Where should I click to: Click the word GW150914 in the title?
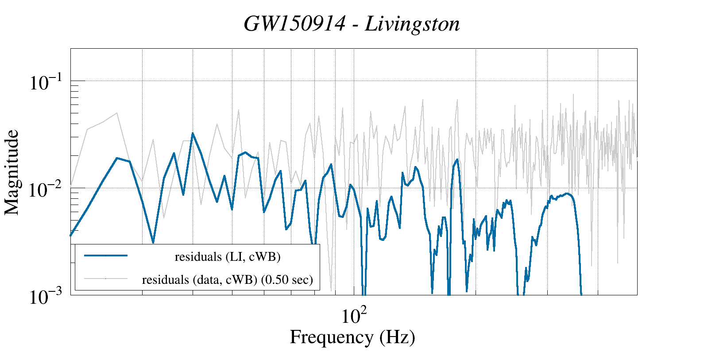click(294, 24)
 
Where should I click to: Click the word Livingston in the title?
click(412, 24)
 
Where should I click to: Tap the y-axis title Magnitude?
click(12, 172)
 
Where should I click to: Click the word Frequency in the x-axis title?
click(331, 337)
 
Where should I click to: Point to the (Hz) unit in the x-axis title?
click(397, 337)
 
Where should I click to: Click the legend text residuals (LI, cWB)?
click(228, 256)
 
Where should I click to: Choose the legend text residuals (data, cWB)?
click(200, 279)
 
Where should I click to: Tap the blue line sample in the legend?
click(106, 255)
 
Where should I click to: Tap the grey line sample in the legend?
click(106, 279)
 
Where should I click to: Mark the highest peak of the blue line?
click(193, 133)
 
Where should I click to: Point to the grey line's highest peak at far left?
click(117, 113)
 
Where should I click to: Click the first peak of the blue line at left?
click(117, 158)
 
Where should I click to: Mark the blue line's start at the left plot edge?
click(71, 236)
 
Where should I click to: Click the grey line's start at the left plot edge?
click(71, 184)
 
